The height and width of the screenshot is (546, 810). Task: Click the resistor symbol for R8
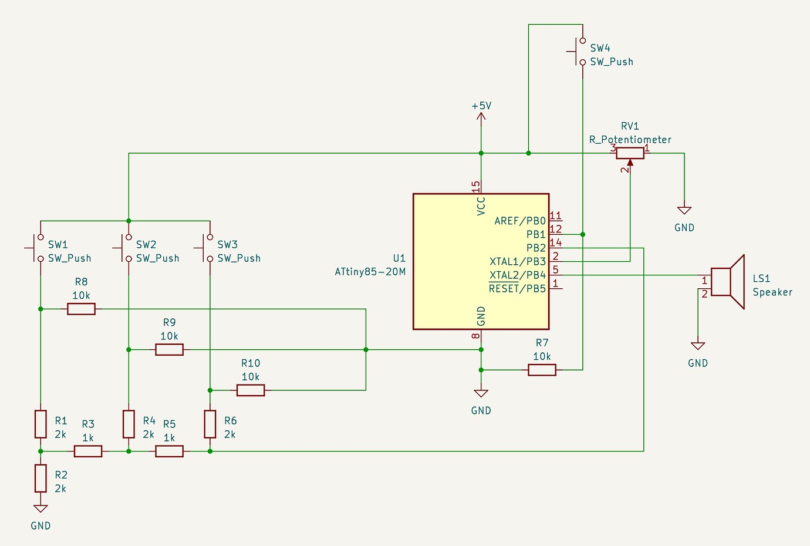coord(81,309)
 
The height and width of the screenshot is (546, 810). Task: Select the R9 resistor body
coord(169,350)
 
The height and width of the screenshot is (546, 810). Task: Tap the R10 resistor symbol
coord(251,390)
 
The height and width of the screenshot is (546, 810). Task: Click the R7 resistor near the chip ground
coord(542,370)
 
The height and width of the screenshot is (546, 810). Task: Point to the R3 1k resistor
coord(88,451)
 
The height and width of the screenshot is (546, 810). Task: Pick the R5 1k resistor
coord(169,451)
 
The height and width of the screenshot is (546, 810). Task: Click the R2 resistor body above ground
coord(41,478)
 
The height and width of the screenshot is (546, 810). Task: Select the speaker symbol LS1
coord(728,282)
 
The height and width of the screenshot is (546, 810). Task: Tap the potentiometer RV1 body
coord(630,153)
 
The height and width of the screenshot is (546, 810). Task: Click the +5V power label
coord(481,106)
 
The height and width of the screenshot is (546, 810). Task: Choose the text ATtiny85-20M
coord(370,272)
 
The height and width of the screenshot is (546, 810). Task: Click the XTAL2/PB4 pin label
coord(517,275)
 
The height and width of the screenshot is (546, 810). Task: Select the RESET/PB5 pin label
coord(517,289)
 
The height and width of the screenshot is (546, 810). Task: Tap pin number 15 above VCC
coord(476,187)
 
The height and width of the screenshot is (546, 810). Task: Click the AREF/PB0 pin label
coord(519,221)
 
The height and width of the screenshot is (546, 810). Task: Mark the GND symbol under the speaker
coord(698,346)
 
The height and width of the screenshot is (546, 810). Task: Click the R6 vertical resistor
coord(210,424)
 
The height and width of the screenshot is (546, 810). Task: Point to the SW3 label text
coord(227,245)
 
